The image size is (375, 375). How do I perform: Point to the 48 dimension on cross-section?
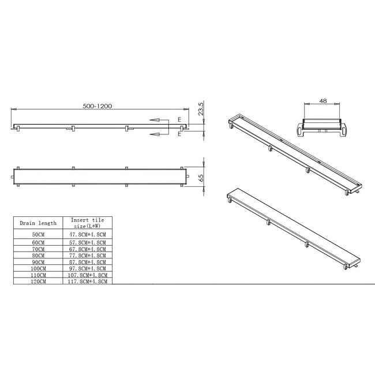[x=323, y=100]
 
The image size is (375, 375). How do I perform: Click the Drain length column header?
[x=38, y=223]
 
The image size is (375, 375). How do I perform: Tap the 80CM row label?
[x=38, y=254]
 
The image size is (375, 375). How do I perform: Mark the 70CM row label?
[x=38, y=249]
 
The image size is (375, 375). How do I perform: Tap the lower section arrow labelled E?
[x=159, y=134]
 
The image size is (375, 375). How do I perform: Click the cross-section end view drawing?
[x=324, y=123]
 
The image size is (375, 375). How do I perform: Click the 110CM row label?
[x=38, y=275]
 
